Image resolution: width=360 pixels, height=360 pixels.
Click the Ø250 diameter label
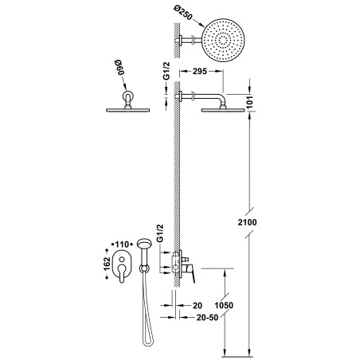point(182,13)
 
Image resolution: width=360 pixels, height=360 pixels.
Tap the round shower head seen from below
point(223,40)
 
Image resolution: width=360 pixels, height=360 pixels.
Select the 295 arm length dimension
point(200,71)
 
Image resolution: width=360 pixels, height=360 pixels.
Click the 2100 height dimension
point(247,222)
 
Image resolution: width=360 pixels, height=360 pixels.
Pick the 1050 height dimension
point(224,305)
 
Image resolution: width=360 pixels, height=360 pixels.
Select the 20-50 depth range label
point(207,317)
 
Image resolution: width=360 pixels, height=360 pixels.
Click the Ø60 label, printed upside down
point(119,68)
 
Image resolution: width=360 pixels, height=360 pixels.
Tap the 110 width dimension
point(122,245)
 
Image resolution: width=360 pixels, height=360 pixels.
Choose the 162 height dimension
point(107,264)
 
